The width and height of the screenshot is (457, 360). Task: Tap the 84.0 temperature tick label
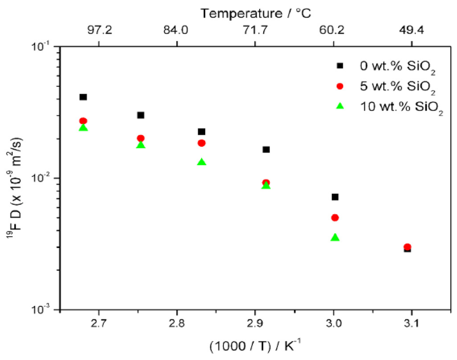click(177, 31)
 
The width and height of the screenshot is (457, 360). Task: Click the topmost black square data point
click(83, 97)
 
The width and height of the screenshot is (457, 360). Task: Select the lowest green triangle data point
click(335, 238)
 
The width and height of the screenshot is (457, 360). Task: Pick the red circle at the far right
click(407, 247)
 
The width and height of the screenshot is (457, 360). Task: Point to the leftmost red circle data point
click(83, 121)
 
